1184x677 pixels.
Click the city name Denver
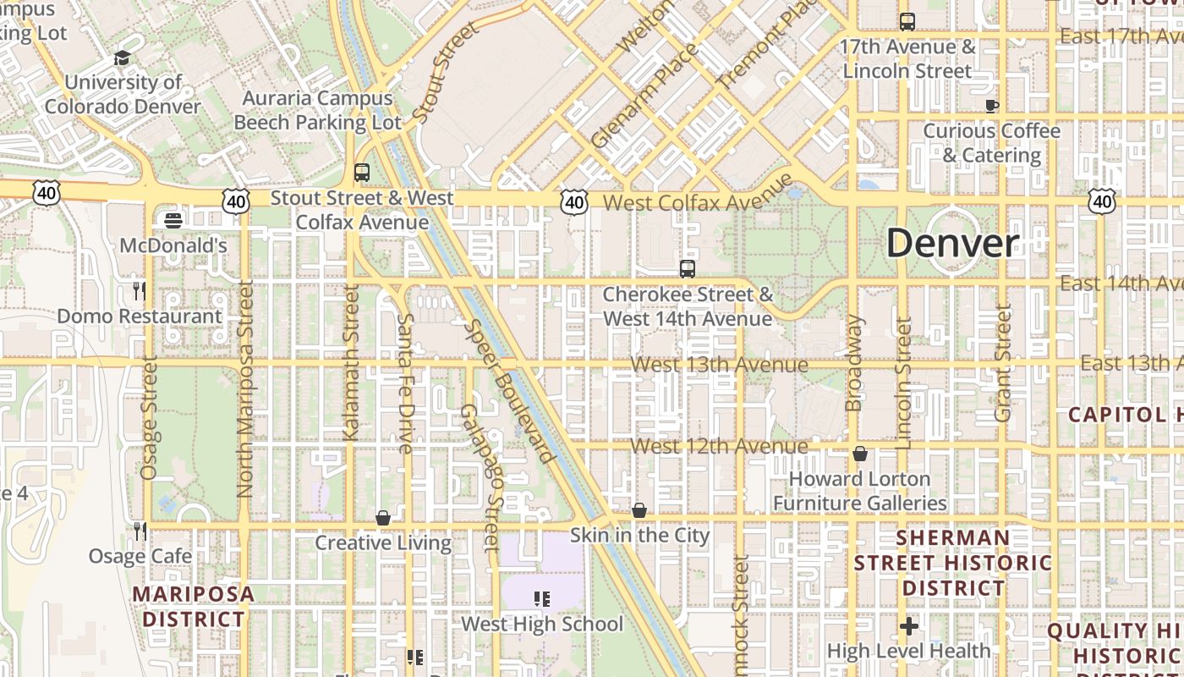(x=953, y=244)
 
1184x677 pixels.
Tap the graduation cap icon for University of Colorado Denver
(x=123, y=58)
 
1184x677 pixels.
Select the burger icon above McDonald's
(x=173, y=221)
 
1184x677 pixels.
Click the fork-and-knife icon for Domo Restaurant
(x=140, y=291)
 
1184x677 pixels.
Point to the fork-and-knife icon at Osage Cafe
(x=140, y=531)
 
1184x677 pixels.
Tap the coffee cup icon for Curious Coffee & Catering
(x=991, y=106)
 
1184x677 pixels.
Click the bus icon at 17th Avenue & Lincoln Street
(x=907, y=22)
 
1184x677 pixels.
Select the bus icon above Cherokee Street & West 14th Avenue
(x=688, y=270)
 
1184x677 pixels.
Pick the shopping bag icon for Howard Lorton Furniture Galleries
(x=860, y=454)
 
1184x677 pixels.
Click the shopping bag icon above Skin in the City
(x=639, y=510)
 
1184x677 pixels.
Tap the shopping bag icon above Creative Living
(x=383, y=518)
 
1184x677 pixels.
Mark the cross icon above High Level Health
(x=909, y=626)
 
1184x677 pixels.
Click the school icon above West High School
(x=542, y=600)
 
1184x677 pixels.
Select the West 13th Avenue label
(x=719, y=365)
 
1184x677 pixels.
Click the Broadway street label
(x=854, y=363)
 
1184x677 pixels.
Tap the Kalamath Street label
(x=352, y=362)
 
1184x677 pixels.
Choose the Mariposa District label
(x=193, y=606)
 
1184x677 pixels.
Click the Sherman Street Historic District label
(x=953, y=563)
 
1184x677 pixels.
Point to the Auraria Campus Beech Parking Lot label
(x=317, y=110)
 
